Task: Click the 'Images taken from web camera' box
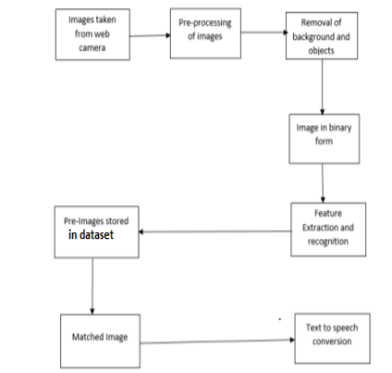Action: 92,34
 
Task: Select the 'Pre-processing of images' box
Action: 205,33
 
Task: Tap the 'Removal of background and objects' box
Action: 322,35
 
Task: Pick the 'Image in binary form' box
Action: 325,139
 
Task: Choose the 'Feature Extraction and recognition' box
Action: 328,230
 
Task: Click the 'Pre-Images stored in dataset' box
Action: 97,231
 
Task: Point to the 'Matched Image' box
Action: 100,341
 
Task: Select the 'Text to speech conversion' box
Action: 332,339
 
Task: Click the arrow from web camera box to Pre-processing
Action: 150,35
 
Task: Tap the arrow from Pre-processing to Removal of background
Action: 264,32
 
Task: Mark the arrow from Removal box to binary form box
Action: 323,87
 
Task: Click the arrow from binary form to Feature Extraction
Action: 323,183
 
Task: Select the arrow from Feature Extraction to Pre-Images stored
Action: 215,231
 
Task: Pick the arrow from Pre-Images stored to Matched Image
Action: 92,286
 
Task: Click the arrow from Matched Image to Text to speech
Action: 217,342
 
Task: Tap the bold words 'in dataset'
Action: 91,235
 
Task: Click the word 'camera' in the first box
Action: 92,48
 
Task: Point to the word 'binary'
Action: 340,128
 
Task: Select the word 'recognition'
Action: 328,242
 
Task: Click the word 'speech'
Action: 345,328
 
